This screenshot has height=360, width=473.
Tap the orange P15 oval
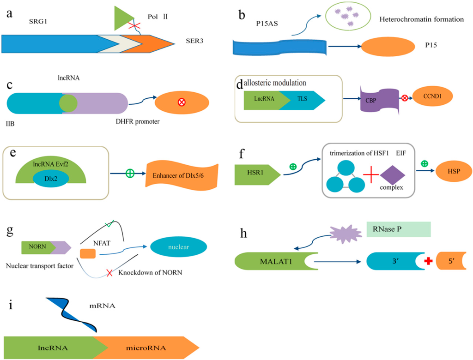tap(388, 47)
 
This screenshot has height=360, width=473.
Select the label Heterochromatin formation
tap(421, 19)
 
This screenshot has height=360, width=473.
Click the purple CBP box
tap(380, 100)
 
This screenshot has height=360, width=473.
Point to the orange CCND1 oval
tap(432, 96)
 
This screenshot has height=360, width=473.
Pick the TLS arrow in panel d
tap(302, 100)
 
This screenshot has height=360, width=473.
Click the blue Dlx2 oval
tap(51, 178)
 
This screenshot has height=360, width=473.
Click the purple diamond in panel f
tap(393, 175)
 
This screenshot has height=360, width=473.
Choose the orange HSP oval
tap(454, 171)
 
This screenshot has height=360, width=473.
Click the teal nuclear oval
tap(179, 246)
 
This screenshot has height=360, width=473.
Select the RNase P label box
tap(399, 229)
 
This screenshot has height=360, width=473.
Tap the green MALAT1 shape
tap(276, 261)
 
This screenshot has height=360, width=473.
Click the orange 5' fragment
tap(451, 261)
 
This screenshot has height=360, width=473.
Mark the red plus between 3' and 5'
tap(428, 261)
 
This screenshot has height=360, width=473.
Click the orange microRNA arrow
tap(146, 348)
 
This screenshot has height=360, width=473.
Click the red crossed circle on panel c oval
tap(181, 102)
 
